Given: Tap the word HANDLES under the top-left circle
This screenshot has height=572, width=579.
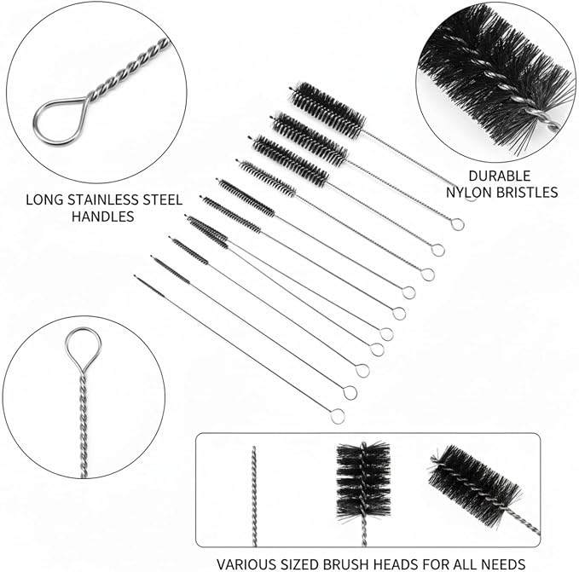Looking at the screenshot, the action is pos(102,217).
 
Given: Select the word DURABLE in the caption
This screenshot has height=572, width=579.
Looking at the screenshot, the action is pos(499,176).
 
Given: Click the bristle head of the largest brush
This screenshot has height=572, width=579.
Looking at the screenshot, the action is pos(327,110).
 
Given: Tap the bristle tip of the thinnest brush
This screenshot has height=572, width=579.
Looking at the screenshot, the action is pos(149,286).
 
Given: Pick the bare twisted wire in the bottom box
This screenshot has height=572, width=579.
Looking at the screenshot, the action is pos(253,496).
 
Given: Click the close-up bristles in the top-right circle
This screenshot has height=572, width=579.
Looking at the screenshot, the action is pos(495,78).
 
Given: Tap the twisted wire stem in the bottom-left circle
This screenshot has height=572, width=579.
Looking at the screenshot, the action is pos(84,425).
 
